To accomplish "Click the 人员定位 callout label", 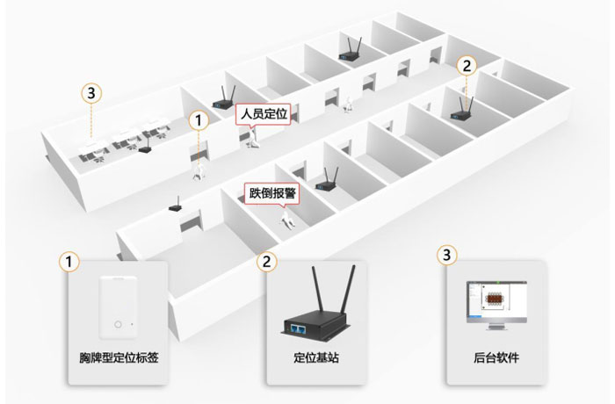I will click(264, 113).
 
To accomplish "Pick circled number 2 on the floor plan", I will click(467, 65).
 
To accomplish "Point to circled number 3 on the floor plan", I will click(89, 91).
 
